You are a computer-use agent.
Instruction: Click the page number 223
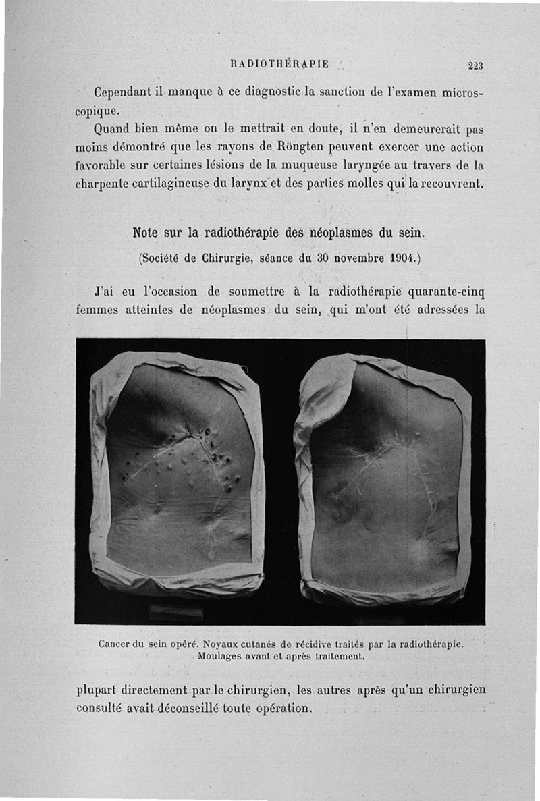click(476, 65)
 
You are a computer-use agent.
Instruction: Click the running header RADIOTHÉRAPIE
click(279, 64)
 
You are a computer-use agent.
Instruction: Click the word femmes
click(100, 310)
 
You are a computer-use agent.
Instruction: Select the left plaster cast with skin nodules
click(178, 472)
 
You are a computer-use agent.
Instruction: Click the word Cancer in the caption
click(114, 644)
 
